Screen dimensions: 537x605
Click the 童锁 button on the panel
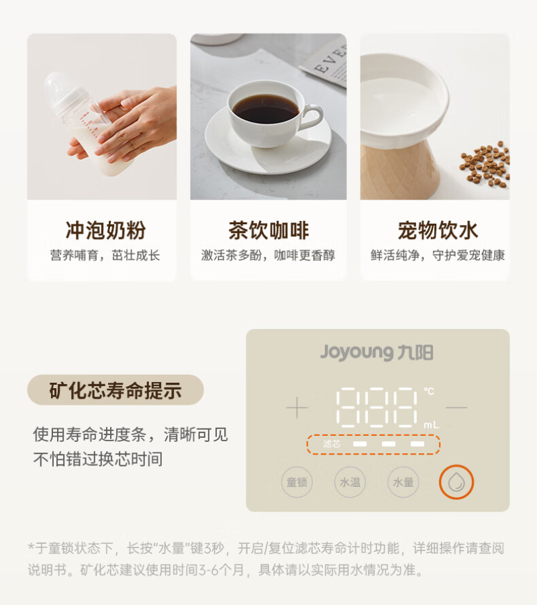point(297,482)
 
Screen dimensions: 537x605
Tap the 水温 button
point(350,482)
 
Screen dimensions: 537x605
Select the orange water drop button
point(456,482)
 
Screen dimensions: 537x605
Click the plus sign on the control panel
point(297,408)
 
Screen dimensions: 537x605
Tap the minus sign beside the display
point(456,407)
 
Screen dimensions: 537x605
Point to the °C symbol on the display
point(429,391)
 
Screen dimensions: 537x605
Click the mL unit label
point(432,425)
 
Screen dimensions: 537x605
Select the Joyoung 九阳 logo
point(377,353)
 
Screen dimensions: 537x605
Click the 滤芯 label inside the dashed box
point(332,444)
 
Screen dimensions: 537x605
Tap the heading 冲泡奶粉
point(105,230)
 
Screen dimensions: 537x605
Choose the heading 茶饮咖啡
point(268,230)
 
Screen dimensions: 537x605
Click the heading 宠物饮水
point(438,230)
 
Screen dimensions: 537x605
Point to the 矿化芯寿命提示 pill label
point(115,390)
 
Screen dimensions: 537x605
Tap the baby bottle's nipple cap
point(64,89)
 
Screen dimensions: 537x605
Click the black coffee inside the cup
point(266,107)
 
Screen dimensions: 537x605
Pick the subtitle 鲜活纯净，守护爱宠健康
point(438,255)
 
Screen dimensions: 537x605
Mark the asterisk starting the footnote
point(32,546)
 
